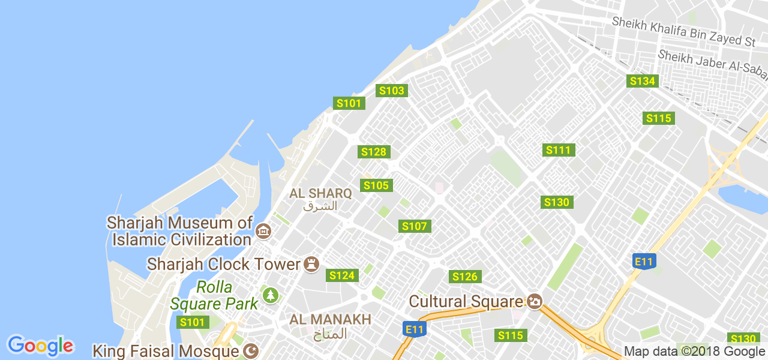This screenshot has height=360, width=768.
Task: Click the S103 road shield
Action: (x=392, y=91)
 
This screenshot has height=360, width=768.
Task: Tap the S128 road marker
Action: (x=374, y=152)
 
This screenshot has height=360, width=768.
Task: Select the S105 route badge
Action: (x=377, y=185)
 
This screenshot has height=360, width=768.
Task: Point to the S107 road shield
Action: (x=415, y=226)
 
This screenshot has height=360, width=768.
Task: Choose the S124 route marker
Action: (x=342, y=275)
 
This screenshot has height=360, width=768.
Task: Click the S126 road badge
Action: (x=465, y=277)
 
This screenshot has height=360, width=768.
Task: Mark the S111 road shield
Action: (x=559, y=150)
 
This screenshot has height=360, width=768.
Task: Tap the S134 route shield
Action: (x=642, y=81)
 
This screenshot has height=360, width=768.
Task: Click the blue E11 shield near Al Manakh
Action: (x=415, y=329)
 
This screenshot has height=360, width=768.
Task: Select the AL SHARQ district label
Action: (x=320, y=193)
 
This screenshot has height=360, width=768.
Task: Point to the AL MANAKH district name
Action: (x=330, y=320)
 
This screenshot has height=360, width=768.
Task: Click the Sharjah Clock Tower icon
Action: (x=311, y=264)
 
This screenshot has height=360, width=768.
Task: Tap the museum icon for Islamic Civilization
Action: (x=262, y=231)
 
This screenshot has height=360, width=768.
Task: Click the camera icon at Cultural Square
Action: (x=534, y=301)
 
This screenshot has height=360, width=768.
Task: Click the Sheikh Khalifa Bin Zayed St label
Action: (x=683, y=31)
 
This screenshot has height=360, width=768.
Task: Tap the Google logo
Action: (x=40, y=346)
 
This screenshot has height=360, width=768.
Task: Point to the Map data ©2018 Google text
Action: (x=694, y=352)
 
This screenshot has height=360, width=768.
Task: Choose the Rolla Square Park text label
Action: (x=214, y=295)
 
